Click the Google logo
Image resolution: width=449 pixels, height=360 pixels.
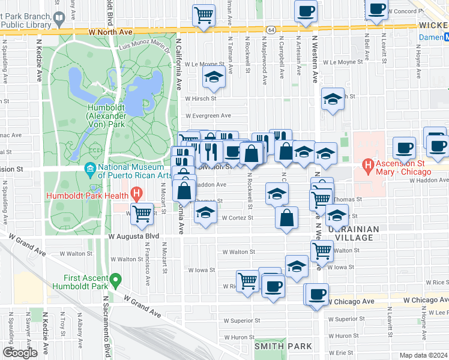pos(20,353)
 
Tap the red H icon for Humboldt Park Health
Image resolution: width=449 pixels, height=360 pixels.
pos(136,194)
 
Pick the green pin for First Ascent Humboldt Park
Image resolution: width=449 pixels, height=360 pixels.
pos(115,279)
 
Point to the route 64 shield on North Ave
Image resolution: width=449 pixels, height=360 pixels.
pos(271,29)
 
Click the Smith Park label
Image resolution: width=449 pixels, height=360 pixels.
pos(283,346)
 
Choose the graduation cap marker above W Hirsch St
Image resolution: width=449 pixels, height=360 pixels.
pos(213,77)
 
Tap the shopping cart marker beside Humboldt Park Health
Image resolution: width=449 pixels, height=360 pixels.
pos(142,212)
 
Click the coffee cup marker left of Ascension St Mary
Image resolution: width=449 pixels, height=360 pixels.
pos(404,147)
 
